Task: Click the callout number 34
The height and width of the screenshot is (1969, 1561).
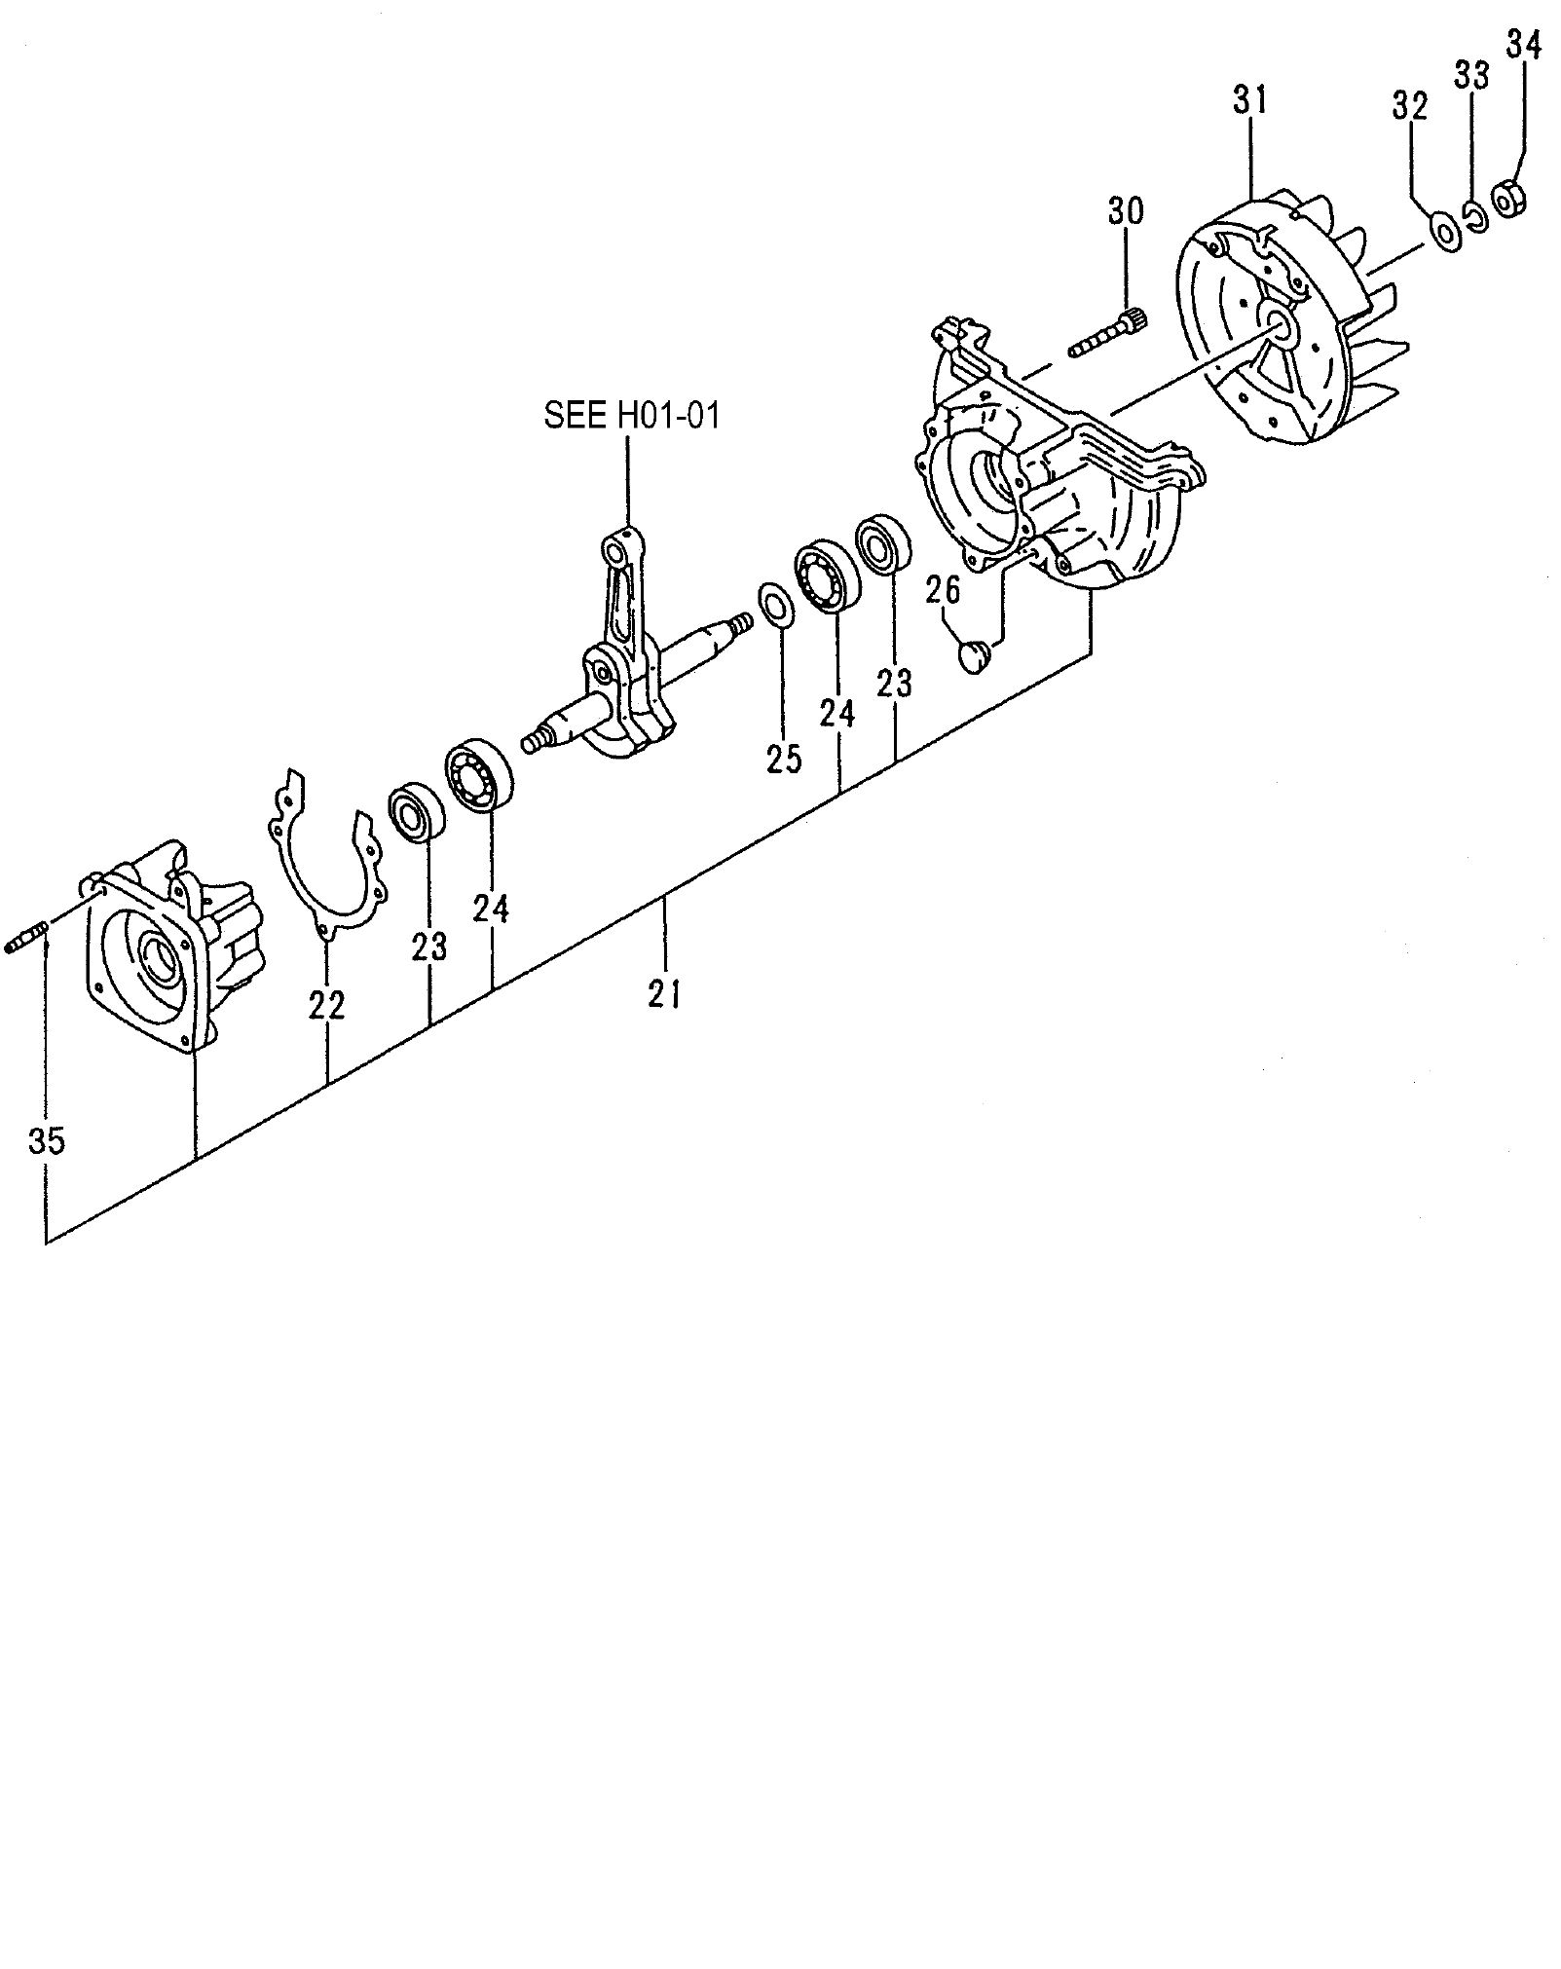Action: tap(1524, 45)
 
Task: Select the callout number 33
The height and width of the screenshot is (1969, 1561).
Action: tap(1472, 75)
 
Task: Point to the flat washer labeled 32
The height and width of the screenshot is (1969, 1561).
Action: tap(1444, 232)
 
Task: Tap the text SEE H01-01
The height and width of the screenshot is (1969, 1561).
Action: tap(631, 417)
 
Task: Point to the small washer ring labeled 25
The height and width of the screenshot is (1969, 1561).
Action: tap(775, 607)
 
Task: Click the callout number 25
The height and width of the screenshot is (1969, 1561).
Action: tap(784, 758)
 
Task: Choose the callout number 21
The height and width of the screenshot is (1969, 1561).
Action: tap(664, 994)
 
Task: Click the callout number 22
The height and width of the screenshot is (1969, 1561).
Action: tap(327, 1004)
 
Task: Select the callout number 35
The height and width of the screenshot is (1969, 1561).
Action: tap(46, 1139)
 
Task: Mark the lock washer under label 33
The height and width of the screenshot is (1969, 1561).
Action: tap(1475, 218)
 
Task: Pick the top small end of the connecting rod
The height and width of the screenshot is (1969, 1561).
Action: tap(615, 550)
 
